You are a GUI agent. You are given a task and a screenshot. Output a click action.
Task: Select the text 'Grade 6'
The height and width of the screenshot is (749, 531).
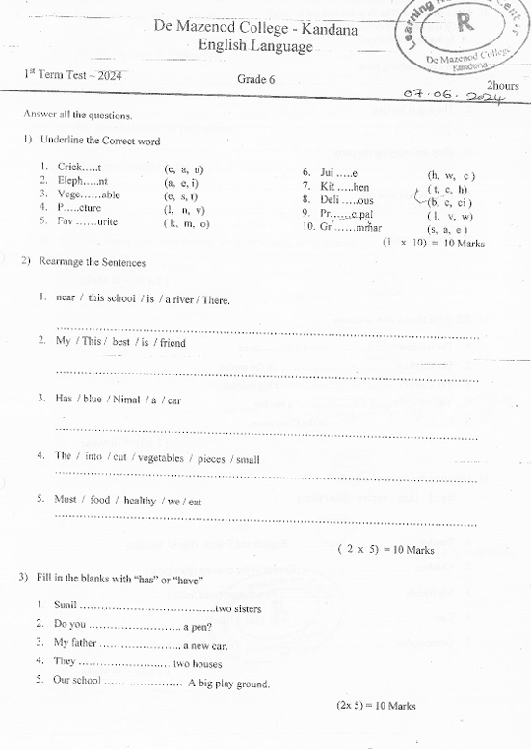256,79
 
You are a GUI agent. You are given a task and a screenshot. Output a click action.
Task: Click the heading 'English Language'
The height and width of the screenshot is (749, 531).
255,46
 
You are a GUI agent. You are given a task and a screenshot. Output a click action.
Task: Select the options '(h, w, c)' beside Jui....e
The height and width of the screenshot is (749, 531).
451,175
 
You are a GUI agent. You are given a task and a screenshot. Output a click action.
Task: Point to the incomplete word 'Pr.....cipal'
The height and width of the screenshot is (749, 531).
353,215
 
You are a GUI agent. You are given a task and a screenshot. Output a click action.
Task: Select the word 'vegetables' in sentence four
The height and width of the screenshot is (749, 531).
160,458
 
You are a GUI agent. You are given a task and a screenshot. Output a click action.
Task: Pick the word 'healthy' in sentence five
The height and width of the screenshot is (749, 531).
140,501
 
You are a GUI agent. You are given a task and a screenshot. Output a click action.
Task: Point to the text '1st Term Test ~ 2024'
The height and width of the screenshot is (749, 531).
74,74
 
